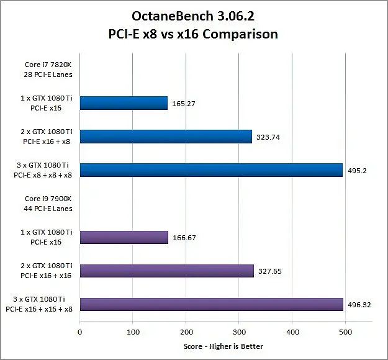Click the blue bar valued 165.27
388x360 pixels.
(124, 103)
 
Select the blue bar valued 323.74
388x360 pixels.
(166, 137)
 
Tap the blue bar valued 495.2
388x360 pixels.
(211, 170)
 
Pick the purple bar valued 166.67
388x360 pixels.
(124, 238)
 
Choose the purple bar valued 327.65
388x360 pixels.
(167, 271)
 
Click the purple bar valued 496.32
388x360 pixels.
(212, 304)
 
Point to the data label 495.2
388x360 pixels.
(357, 171)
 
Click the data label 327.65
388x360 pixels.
(270, 271)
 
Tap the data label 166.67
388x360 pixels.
(184, 238)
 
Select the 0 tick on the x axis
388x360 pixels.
(79, 332)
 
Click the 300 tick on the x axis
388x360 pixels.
(239, 332)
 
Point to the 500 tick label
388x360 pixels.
(346, 332)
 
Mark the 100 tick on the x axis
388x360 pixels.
(133, 332)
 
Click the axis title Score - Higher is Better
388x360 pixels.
(223, 346)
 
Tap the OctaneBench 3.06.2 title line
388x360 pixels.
(193, 16)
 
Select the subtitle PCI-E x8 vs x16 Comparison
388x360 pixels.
(193, 34)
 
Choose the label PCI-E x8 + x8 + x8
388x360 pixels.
(43, 175)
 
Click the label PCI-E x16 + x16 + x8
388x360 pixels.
(39, 309)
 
